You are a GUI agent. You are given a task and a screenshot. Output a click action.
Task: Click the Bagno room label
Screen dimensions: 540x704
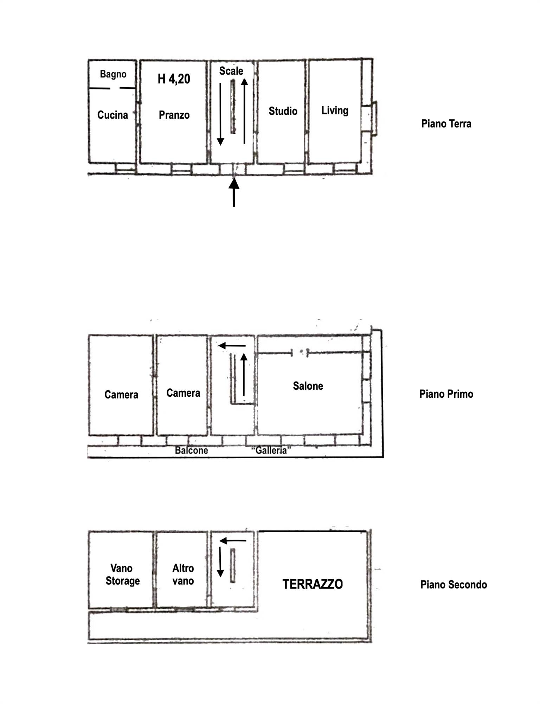click(x=113, y=74)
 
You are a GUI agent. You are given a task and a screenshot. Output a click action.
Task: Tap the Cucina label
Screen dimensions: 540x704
click(x=112, y=115)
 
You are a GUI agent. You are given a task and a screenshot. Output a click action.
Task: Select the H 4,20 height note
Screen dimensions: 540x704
click(x=174, y=79)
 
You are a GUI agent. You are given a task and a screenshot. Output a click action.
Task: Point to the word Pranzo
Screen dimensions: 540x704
click(x=174, y=115)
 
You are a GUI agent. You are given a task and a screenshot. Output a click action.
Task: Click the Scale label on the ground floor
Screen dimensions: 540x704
click(x=231, y=71)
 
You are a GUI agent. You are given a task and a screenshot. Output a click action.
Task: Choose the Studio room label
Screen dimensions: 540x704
click(x=283, y=111)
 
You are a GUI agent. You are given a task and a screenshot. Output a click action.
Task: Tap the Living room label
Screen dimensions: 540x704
click(x=335, y=111)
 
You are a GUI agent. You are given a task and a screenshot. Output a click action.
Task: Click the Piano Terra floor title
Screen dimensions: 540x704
click(x=446, y=124)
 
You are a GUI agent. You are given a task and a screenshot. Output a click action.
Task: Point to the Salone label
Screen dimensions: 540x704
click(x=308, y=386)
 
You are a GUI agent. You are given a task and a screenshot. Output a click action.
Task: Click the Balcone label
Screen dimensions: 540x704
click(x=191, y=450)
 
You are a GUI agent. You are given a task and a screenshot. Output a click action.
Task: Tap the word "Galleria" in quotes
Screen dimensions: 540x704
click(x=271, y=450)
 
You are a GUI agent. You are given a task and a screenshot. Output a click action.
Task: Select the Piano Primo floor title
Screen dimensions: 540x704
click(x=446, y=394)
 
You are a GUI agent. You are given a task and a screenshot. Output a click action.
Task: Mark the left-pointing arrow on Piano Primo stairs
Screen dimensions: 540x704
click(x=232, y=346)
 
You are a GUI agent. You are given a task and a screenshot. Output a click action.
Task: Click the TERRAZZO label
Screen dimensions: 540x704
click(x=313, y=584)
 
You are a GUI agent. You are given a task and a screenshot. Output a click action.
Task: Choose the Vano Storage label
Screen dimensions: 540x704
click(x=122, y=574)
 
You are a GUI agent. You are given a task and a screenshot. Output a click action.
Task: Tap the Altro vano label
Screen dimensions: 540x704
click(x=183, y=574)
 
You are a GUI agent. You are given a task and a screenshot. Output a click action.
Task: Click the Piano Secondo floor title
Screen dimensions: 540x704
click(x=454, y=585)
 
